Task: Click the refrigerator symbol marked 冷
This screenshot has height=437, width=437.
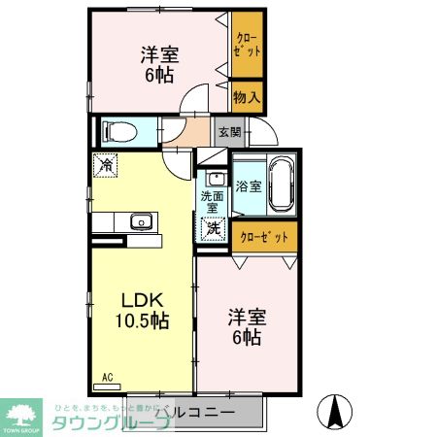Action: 106,165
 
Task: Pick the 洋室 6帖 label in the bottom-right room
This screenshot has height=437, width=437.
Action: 245,327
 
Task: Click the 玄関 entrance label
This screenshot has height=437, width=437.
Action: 227,131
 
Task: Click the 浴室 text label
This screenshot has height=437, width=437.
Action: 248,186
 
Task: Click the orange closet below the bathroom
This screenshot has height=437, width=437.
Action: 262,235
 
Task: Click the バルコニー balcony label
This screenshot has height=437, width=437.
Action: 199,413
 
